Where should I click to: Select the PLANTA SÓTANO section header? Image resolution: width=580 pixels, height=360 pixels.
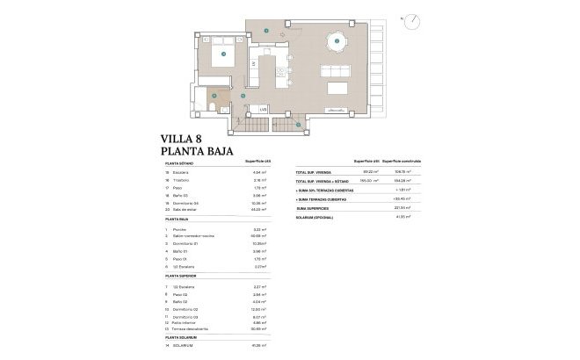pyautogui.click(x=179, y=164)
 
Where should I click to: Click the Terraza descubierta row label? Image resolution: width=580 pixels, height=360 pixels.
pyautogui.click(x=195, y=329)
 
